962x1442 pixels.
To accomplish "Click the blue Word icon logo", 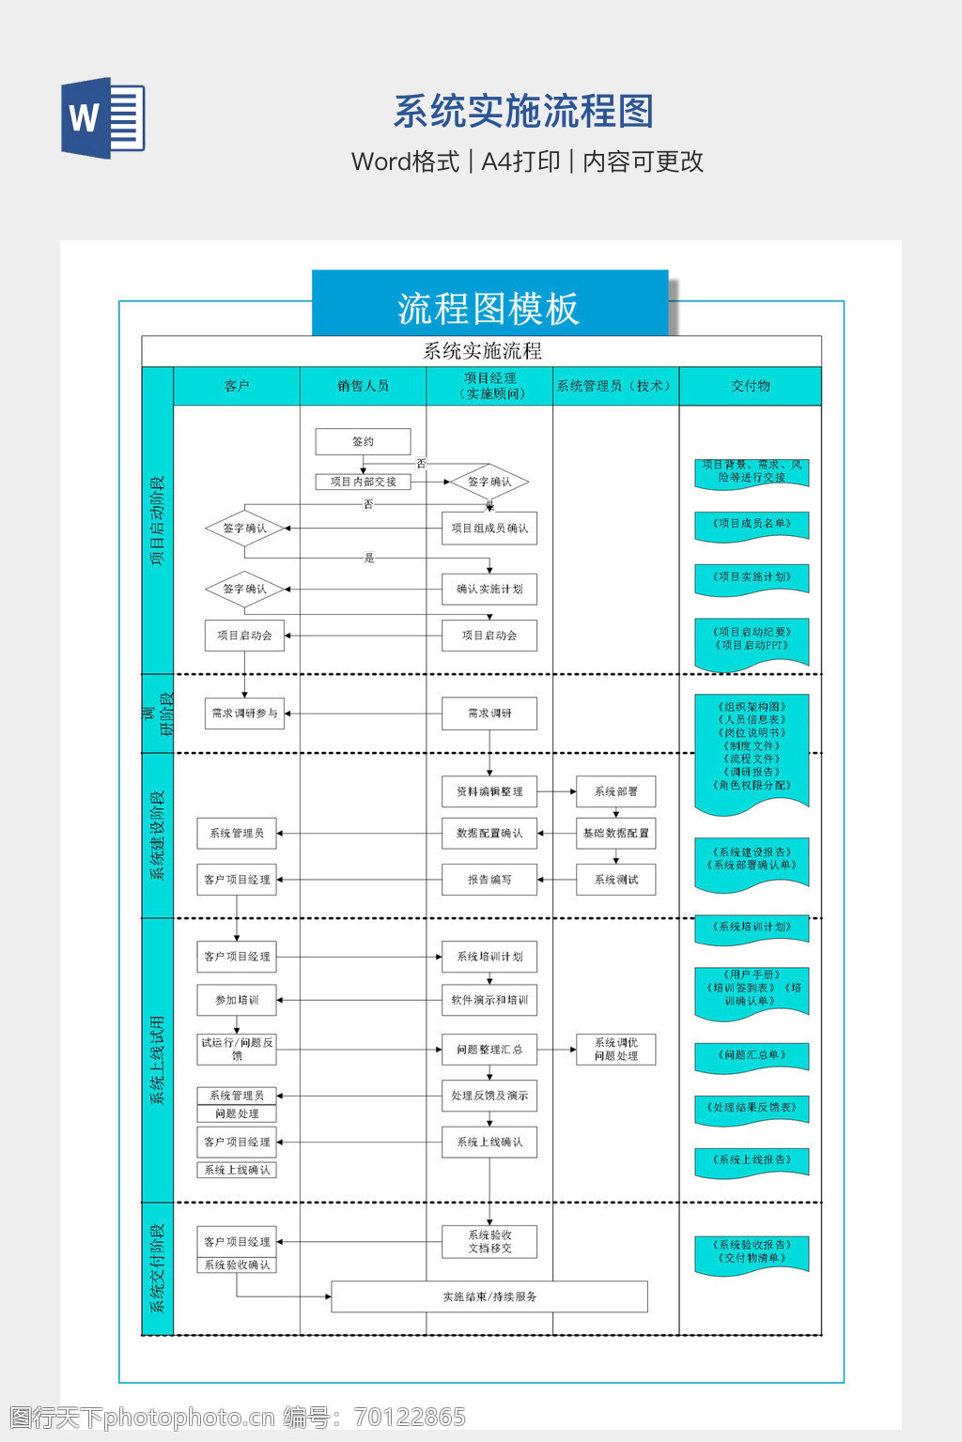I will coord(103,117).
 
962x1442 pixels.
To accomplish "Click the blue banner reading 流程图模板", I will coord(489,307).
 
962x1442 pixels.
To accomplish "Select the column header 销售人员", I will coord(363,386).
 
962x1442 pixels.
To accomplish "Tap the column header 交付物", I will coord(750,386).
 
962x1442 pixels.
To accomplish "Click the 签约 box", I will coord(363,441).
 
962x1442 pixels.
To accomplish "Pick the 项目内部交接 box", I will coord(363,482).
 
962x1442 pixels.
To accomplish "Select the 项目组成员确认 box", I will coord(489,529).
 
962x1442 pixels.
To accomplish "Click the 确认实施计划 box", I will coord(489,590).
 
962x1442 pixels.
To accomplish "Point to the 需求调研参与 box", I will coord(244,713).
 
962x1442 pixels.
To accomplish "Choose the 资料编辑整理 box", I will coord(489,791).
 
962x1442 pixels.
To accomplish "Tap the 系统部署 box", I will coord(615,791).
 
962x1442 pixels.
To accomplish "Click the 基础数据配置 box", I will coord(615,833).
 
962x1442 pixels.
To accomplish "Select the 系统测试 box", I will coord(615,880).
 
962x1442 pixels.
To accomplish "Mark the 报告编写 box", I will coord(489,880).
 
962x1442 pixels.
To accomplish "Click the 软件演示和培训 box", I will coord(489,1000).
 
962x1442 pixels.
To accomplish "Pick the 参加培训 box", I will coord(237,1000).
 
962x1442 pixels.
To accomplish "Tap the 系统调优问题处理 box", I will coord(615,1050).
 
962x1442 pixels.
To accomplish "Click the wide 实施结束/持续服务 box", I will coord(489,1296).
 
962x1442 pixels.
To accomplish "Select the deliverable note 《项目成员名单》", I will coord(752,525).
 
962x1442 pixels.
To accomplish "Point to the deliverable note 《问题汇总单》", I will coord(752,1056).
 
